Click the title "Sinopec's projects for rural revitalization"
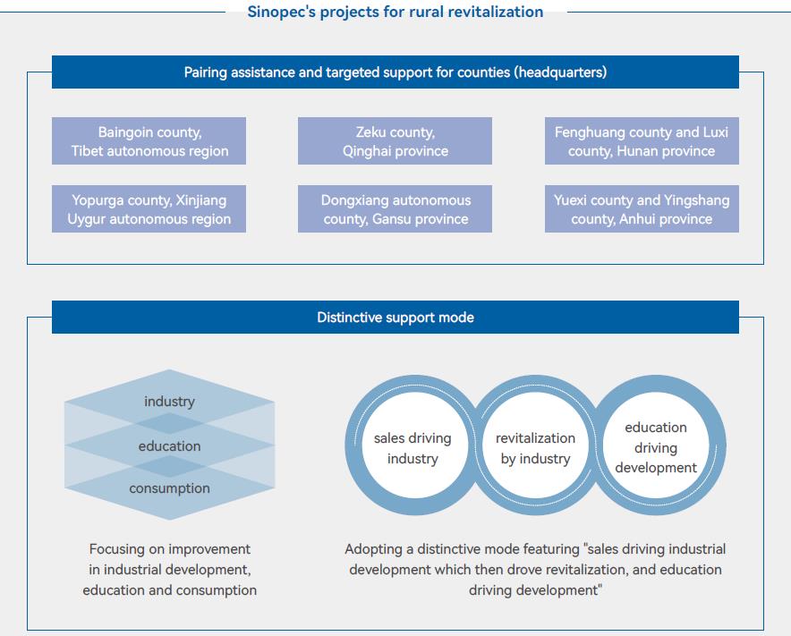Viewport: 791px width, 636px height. [x=395, y=12]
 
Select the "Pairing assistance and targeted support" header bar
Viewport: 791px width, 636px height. [x=395, y=72]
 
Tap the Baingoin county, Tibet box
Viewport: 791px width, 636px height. [x=149, y=141]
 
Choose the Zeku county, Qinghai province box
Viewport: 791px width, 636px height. [x=395, y=141]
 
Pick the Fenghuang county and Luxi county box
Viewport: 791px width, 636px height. [x=642, y=141]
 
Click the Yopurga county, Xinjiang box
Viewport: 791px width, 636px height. [x=149, y=209]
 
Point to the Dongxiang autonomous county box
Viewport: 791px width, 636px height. [x=395, y=209]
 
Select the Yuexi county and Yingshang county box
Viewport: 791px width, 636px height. [x=642, y=209]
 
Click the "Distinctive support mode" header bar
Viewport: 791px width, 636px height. [x=395, y=318]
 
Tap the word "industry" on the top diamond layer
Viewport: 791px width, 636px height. [x=169, y=402]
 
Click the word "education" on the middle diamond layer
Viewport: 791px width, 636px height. [x=169, y=445]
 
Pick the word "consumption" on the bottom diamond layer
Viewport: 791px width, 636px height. [x=169, y=488]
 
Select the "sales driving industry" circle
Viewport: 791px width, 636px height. [x=413, y=448]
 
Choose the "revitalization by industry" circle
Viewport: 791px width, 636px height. [x=535, y=448]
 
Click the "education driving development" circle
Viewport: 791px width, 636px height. [x=656, y=447]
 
